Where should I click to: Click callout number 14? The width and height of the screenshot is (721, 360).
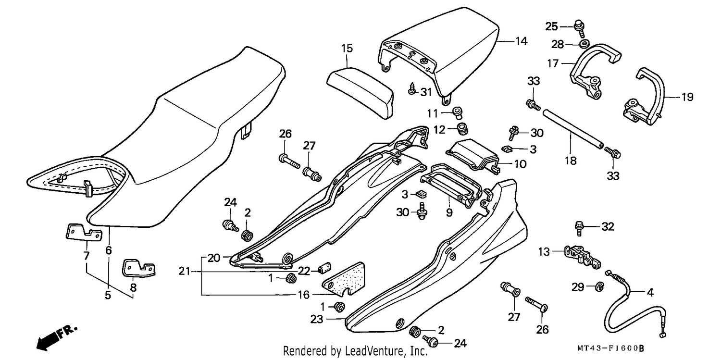point(522,41)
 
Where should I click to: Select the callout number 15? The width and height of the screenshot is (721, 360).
point(347,49)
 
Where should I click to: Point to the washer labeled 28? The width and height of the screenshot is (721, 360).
point(585,43)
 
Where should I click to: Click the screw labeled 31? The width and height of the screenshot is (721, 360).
point(412,89)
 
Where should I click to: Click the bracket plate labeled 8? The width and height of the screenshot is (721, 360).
point(138,268)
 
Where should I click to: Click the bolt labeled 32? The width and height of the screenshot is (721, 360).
point(579,228)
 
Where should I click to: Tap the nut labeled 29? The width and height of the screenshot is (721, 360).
point(599,286)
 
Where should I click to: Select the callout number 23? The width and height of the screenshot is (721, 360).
point(316,319)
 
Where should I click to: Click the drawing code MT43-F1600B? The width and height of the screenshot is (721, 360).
point(610,348)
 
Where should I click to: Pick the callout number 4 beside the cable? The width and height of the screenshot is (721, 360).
point(650,292)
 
